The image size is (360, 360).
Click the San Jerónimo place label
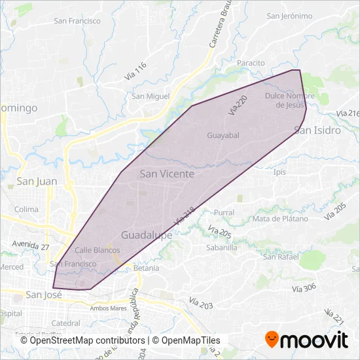click(289, 16)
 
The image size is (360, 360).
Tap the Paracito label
click(251, 63)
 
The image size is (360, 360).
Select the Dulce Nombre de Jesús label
click(290, 100)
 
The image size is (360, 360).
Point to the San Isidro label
click(318, 130)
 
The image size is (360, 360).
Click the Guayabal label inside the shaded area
click(223, 135)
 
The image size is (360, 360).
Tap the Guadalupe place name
click(147, 234)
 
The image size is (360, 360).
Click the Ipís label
click(280, 172)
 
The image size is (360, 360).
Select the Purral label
click(224, 213)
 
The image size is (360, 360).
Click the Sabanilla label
click(221, 248)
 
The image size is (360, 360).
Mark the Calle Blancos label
click(97, 250)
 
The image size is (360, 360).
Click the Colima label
click(27, 209)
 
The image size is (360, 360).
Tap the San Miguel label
click(151, 96)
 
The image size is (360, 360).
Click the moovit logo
click(306, 340)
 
